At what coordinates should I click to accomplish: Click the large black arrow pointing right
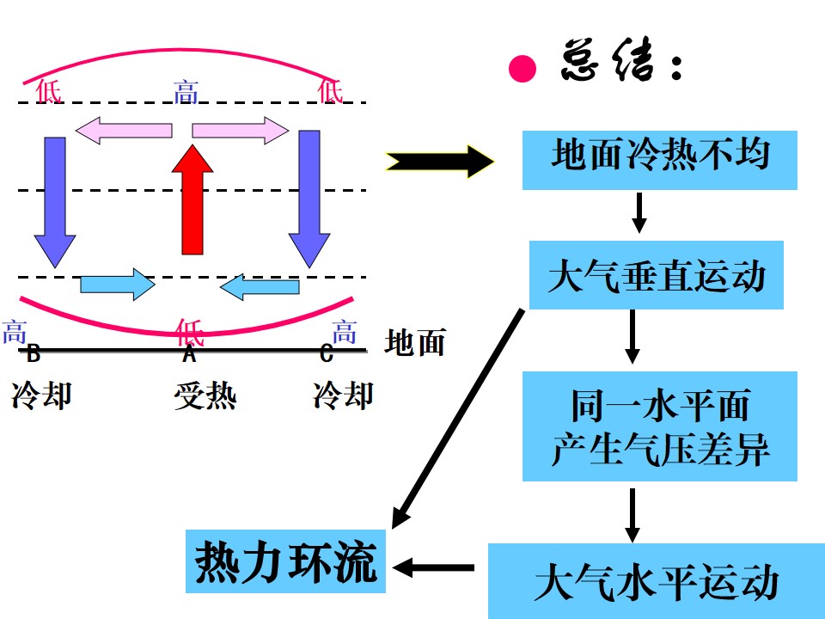[x=439, y=160]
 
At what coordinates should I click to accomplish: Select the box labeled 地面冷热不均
[x=659, y=160]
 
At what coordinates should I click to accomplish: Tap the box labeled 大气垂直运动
[x=656, y=275]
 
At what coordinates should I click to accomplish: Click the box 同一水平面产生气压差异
[x=659, y=426]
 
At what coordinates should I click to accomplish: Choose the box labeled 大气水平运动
[x=656, y=581]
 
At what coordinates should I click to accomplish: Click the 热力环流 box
[x=285, y=562]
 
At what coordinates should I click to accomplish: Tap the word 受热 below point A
[x=205, y=396]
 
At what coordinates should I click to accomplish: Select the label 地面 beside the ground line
[x=415, y=342]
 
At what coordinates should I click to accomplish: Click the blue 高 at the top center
[x=186, y=91]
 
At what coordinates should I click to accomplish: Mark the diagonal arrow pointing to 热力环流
[x=458, y=418]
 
